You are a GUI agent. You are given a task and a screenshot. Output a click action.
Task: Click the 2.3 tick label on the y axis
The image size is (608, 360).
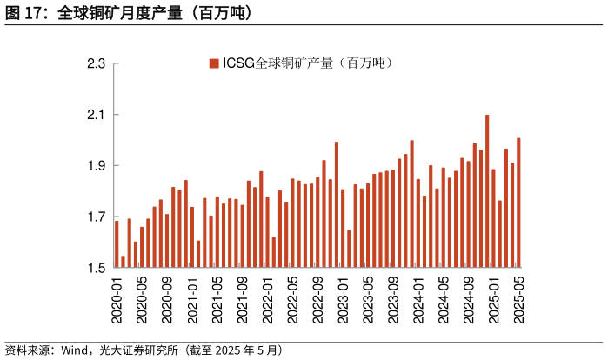click(x=97, y=64)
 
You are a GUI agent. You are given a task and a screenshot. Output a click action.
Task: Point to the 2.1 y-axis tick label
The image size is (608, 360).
click(x=97, y=116)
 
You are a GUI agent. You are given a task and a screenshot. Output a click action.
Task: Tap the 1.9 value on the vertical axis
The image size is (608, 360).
click(x=97, y=166)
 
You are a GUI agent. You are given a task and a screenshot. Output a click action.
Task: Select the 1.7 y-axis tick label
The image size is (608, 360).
click(x=97, y=217)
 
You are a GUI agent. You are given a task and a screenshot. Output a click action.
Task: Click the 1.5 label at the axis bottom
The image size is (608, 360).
click(x=97, y=268)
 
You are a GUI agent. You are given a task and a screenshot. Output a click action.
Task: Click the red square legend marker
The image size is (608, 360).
click(x=214, y=63)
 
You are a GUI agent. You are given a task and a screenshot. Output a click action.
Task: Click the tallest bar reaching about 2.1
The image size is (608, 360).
click(x=487, y=191)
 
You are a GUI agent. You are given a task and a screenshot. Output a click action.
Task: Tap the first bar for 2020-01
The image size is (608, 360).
click(x=117, y=244)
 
